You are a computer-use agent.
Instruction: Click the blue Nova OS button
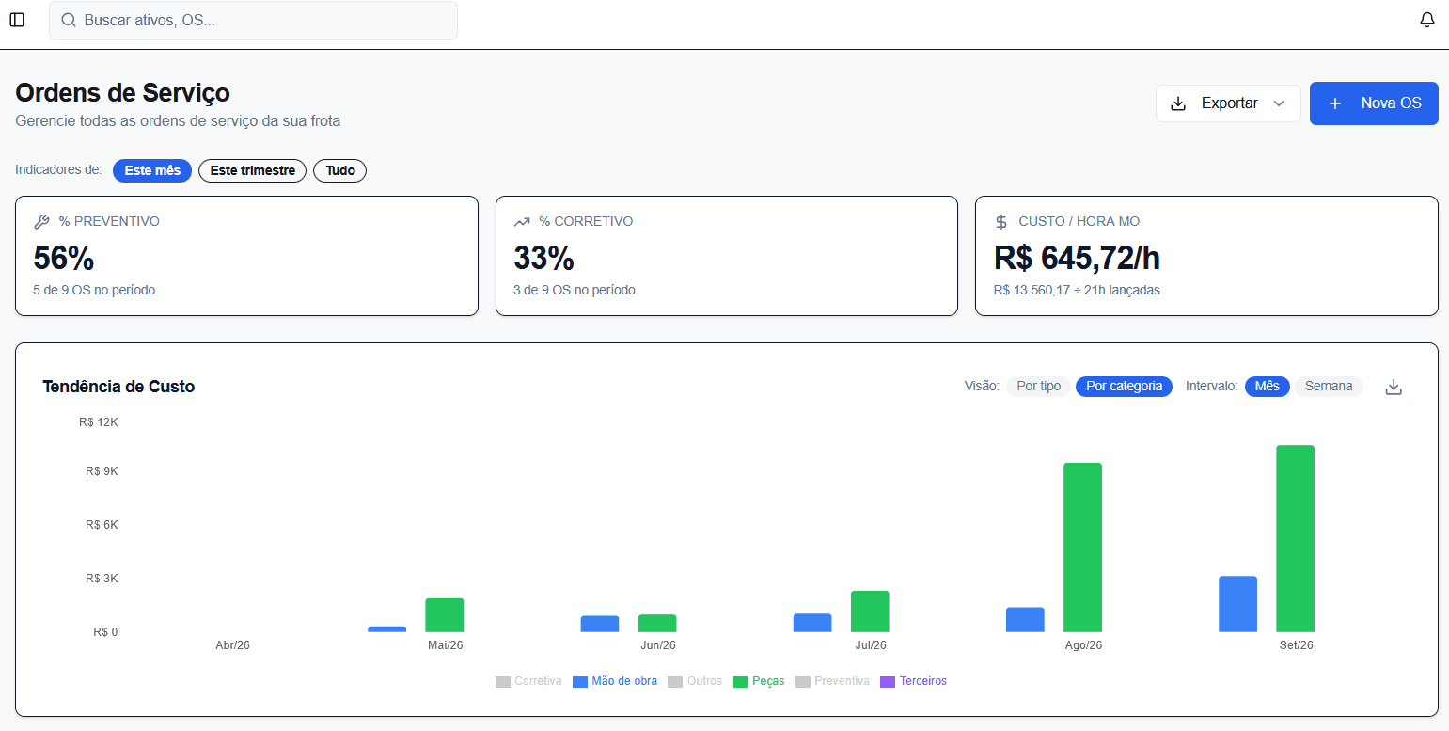pos(1374,103)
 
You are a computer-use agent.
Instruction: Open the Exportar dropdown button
pos(1228,103)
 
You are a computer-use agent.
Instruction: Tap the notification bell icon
pos(1427,20)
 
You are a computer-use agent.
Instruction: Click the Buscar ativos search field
pos(253,20)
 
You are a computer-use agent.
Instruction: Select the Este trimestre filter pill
pos(252,171)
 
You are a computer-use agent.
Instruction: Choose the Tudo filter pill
pos(339,171)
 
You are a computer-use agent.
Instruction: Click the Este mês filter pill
pos(152,171)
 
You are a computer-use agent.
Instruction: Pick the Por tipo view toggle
pos(1038,387)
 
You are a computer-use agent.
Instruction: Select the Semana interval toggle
pos(1328,387)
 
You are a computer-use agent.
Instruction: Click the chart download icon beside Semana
pos(1394,388)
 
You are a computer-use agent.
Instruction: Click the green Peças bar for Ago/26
pos(1082,548)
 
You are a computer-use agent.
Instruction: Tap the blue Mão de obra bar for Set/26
pos(1237,604)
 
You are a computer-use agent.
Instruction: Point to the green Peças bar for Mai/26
pos(445,615)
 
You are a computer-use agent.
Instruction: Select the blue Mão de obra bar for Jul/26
pos(812,623)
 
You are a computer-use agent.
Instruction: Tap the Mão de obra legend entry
pos(615,681)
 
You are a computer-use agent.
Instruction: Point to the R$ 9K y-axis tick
pos(102,471)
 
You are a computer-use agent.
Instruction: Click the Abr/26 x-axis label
pos(232,645)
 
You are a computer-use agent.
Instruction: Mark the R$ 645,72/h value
pos(1077,259)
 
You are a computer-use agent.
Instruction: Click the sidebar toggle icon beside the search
pos(18,20)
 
